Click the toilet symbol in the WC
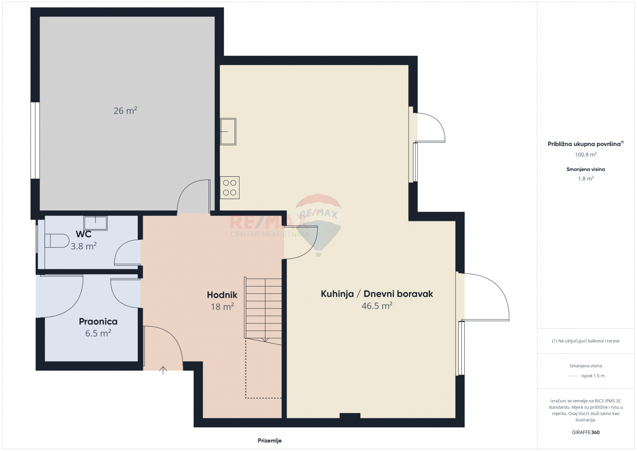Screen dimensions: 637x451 (57, 241)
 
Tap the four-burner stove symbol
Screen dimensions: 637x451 (230, 188)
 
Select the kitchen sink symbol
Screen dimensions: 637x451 (228, 132)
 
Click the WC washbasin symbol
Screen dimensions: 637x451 (96, 223)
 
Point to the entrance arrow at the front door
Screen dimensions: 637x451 (163, 370)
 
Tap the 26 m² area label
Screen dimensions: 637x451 (125, 110)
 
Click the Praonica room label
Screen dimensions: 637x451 (98, 322)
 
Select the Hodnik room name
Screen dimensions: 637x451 (222, 295)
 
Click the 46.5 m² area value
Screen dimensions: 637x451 (377, 306)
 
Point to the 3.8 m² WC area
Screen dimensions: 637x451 (83, 246)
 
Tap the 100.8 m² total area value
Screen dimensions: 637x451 (586, 155)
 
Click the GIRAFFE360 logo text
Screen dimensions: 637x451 (586, 432)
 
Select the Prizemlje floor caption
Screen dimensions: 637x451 (270, 441)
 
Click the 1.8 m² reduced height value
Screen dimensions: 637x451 (586, 178)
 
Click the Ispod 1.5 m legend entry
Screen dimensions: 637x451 (593, 375)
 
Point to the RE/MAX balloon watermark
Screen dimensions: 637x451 (318, 225)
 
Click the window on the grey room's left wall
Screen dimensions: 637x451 (35, 141)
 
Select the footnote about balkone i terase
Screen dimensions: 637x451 (586, 341)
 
